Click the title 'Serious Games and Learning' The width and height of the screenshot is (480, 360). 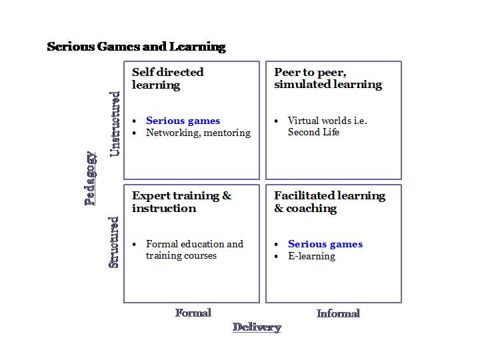click(x=136, y=47)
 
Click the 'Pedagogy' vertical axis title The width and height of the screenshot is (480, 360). click(x=91, y=178)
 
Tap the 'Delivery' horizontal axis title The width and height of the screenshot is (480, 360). click(x=257, y=327)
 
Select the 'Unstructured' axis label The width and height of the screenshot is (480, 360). click(x=115, y=124)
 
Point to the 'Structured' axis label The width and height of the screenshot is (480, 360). click(x=114, y=242)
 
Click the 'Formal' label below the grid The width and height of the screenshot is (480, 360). click(x=193, y=313)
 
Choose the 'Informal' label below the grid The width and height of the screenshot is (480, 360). click(x=338, y=313)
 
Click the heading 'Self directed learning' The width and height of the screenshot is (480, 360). click(x=167, y=78)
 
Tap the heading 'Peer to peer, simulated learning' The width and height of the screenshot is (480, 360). click(x=328, y=78)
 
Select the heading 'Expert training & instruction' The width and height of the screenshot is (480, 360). click(x=181, y=201)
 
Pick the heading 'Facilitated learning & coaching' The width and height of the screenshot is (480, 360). click(x=329, y=201)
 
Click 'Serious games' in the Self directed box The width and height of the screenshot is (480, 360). click(x=183, y=121)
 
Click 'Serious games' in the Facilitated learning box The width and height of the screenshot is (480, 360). click(x=325, y=244)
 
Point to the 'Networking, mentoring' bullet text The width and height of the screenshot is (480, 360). click(x=198, y=133)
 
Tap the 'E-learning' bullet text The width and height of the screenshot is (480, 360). click(x=311, y=256)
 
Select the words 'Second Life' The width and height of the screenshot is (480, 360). click(x=313, y=132)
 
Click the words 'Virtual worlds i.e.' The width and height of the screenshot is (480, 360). click(x=327, y=121)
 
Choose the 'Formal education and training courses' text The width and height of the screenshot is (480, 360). click(x=194, y=249)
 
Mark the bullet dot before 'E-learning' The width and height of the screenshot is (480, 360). click(x=277, y=257)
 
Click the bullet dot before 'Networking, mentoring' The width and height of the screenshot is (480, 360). click(x=135, y=133)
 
